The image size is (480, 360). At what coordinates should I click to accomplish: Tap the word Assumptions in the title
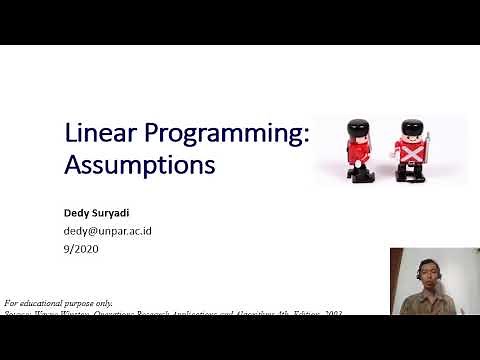pos(139,164)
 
